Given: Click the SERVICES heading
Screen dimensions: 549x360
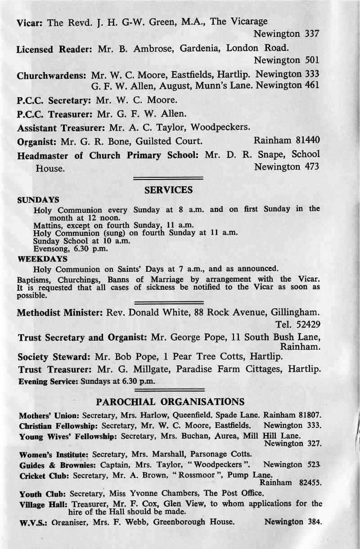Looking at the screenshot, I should (x=168, y=190).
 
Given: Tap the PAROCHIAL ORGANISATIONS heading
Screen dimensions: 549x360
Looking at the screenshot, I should (x=171, y=401).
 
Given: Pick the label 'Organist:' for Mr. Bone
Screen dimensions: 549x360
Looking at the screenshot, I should (x=37, y=143).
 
